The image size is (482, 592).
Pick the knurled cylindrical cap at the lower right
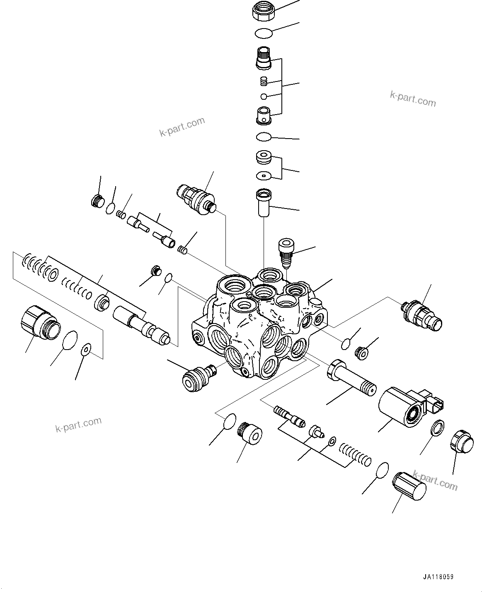coord(409,489)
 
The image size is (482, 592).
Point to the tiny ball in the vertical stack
coord(264,97)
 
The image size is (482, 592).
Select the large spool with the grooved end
coord(141,325)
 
